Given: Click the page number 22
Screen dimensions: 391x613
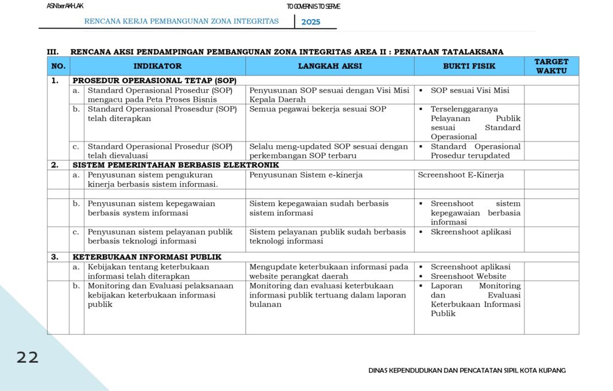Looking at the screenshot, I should [28, 358].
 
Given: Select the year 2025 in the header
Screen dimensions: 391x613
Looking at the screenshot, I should [311, 22].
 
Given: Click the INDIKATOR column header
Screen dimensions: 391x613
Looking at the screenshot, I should [157, 66].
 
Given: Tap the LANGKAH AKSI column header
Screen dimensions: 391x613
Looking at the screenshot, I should [330, 66].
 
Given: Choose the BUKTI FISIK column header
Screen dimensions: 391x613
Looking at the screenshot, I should [469, 66].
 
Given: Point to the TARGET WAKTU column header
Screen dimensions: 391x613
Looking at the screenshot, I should [551, 66].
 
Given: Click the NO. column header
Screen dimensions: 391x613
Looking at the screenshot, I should [58, 66].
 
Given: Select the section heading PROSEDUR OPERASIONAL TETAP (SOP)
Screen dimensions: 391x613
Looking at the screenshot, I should [154, 80].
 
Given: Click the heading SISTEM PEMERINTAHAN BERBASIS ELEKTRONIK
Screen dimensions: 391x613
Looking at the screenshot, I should [175, 165].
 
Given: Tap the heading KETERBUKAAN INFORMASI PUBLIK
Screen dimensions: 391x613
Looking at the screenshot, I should [147, 257].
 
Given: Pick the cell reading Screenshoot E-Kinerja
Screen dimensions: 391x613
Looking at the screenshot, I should [461, 175].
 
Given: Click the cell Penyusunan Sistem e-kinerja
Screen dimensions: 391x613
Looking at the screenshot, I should [306, 175].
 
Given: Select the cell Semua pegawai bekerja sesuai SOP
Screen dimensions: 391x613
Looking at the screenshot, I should [318, 109].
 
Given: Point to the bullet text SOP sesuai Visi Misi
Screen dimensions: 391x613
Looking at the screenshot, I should [470, 91].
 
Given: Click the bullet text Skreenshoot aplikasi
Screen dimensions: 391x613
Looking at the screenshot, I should [471, 232].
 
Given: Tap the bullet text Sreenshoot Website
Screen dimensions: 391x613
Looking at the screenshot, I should [468, 276].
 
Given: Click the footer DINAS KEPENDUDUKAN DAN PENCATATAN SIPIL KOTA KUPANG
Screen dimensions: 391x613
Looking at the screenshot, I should [467, 371].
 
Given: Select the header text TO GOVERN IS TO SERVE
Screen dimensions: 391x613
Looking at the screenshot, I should [313, 7].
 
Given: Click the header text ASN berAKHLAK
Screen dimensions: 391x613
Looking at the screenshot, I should [65, 6].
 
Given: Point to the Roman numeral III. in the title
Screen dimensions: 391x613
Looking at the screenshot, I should [53, 52].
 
